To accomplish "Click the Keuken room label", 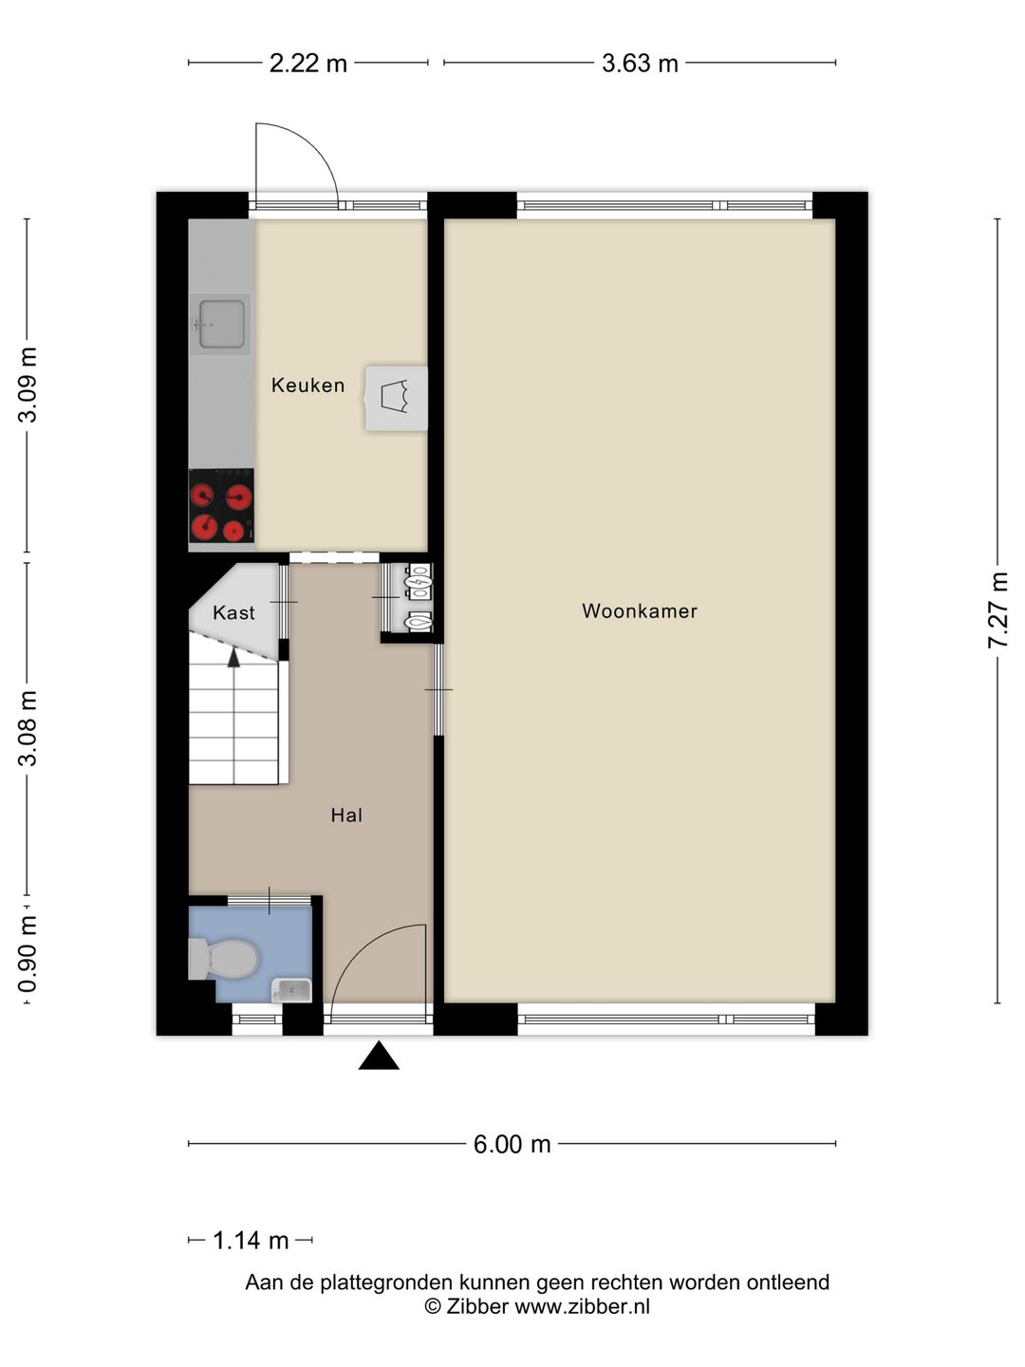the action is point(307,385).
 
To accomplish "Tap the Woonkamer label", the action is point(639,611).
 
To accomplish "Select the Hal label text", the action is point(346,815).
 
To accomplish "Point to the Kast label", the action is point(233,613).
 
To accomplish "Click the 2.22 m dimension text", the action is point(308,64).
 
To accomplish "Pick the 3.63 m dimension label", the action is point(640,64).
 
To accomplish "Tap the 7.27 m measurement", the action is point(997,610).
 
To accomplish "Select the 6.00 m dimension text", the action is point(512,1144).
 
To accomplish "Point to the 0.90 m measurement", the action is point(28,954).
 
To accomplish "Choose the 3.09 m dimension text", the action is point(28,384).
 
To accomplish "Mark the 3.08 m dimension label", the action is point(28,729).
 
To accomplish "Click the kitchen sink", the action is point(220,325).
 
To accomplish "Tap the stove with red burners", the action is point(221,505).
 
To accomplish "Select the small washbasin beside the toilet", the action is point(292,990).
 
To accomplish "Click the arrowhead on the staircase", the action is point(233,658).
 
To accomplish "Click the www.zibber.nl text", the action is point(582,1306).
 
